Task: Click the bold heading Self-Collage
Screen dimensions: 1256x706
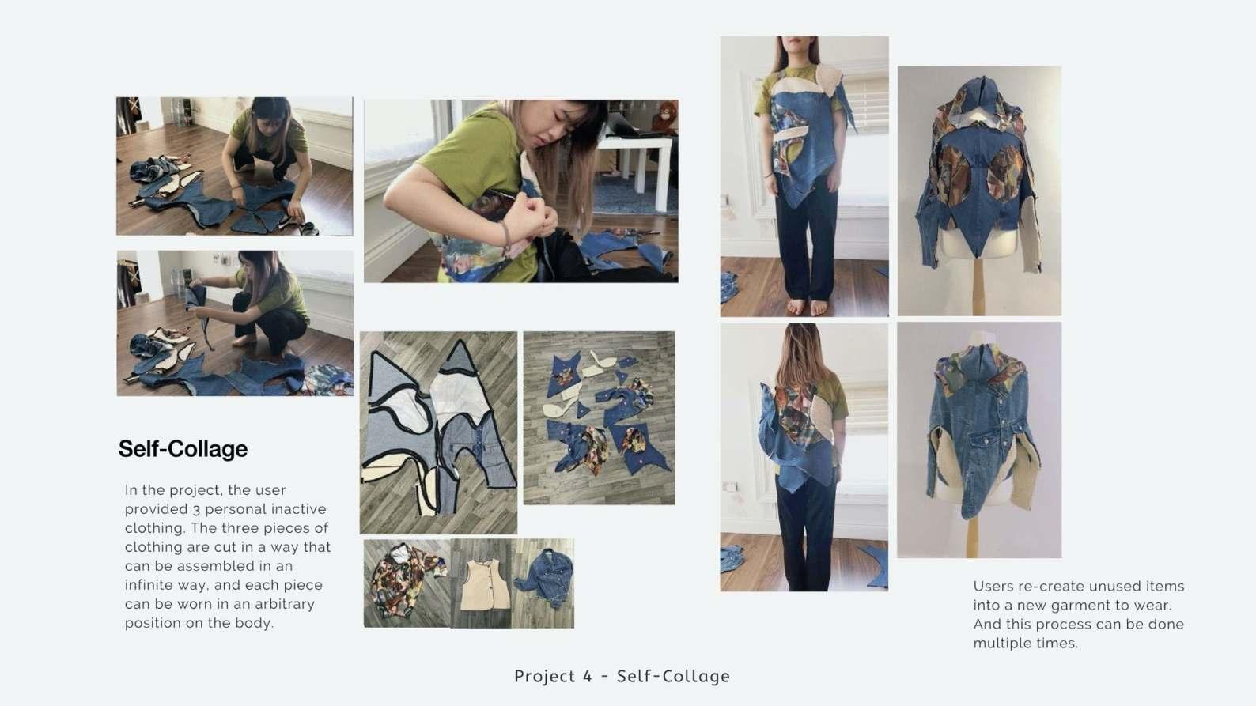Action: tap(183, 449)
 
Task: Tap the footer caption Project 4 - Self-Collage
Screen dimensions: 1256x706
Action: tap(622, 676)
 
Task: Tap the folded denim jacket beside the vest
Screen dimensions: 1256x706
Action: tap(544, 578)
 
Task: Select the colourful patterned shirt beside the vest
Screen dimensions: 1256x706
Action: tap(405, 580)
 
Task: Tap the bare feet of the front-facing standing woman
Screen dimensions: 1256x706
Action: tap(804, 307)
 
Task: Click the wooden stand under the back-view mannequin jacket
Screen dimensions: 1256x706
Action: tap(978, 285)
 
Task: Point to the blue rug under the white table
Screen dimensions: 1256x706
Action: tap(634, 194)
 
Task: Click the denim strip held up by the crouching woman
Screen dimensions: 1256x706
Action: tap(201, 314)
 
